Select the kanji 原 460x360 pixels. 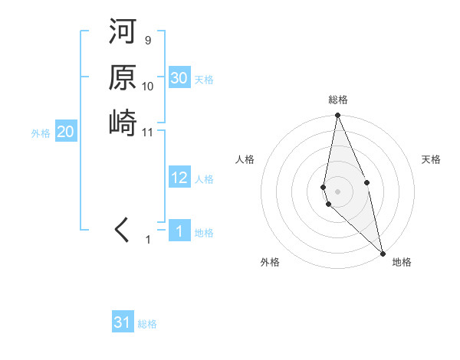pos(123,78)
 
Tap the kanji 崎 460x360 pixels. pos(123,123)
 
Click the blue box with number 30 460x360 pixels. pos(179,78)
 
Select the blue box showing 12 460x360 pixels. pos(179,178)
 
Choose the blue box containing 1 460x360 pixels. pos(179,232)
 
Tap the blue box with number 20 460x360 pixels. pos(65,133)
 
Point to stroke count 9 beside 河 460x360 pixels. pos(147,40)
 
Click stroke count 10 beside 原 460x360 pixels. pos(148,86)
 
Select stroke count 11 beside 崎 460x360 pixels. pos(148,131)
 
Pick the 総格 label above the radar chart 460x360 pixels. pos(338,100)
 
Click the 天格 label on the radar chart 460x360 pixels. pos(431,159)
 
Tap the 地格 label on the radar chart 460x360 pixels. pos(402,262)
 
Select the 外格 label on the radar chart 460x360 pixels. pos(270,262)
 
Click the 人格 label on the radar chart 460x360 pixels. pos(245,159)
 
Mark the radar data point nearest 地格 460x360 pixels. pos(383,252)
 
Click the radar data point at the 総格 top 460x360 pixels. pos(337,116)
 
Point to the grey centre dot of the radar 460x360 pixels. pos(337,191)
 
